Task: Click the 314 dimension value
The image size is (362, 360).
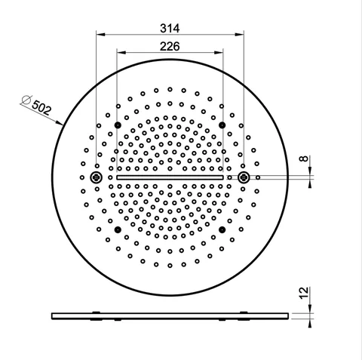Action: pos(170,28)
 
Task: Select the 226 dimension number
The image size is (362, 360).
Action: pos(170,46)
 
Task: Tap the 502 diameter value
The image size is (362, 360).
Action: pos(41,107)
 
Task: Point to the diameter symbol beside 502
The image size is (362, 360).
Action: pos(26,100)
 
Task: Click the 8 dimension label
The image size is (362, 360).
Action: pos(304,158)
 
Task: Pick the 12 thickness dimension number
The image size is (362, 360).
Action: pos(304,293)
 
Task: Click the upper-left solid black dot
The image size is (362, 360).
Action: pos(118,125)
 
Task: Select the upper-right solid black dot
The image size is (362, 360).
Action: pos(222,125)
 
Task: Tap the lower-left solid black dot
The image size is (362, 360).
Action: pos(118,229)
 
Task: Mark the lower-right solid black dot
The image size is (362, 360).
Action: pos(222,229)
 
